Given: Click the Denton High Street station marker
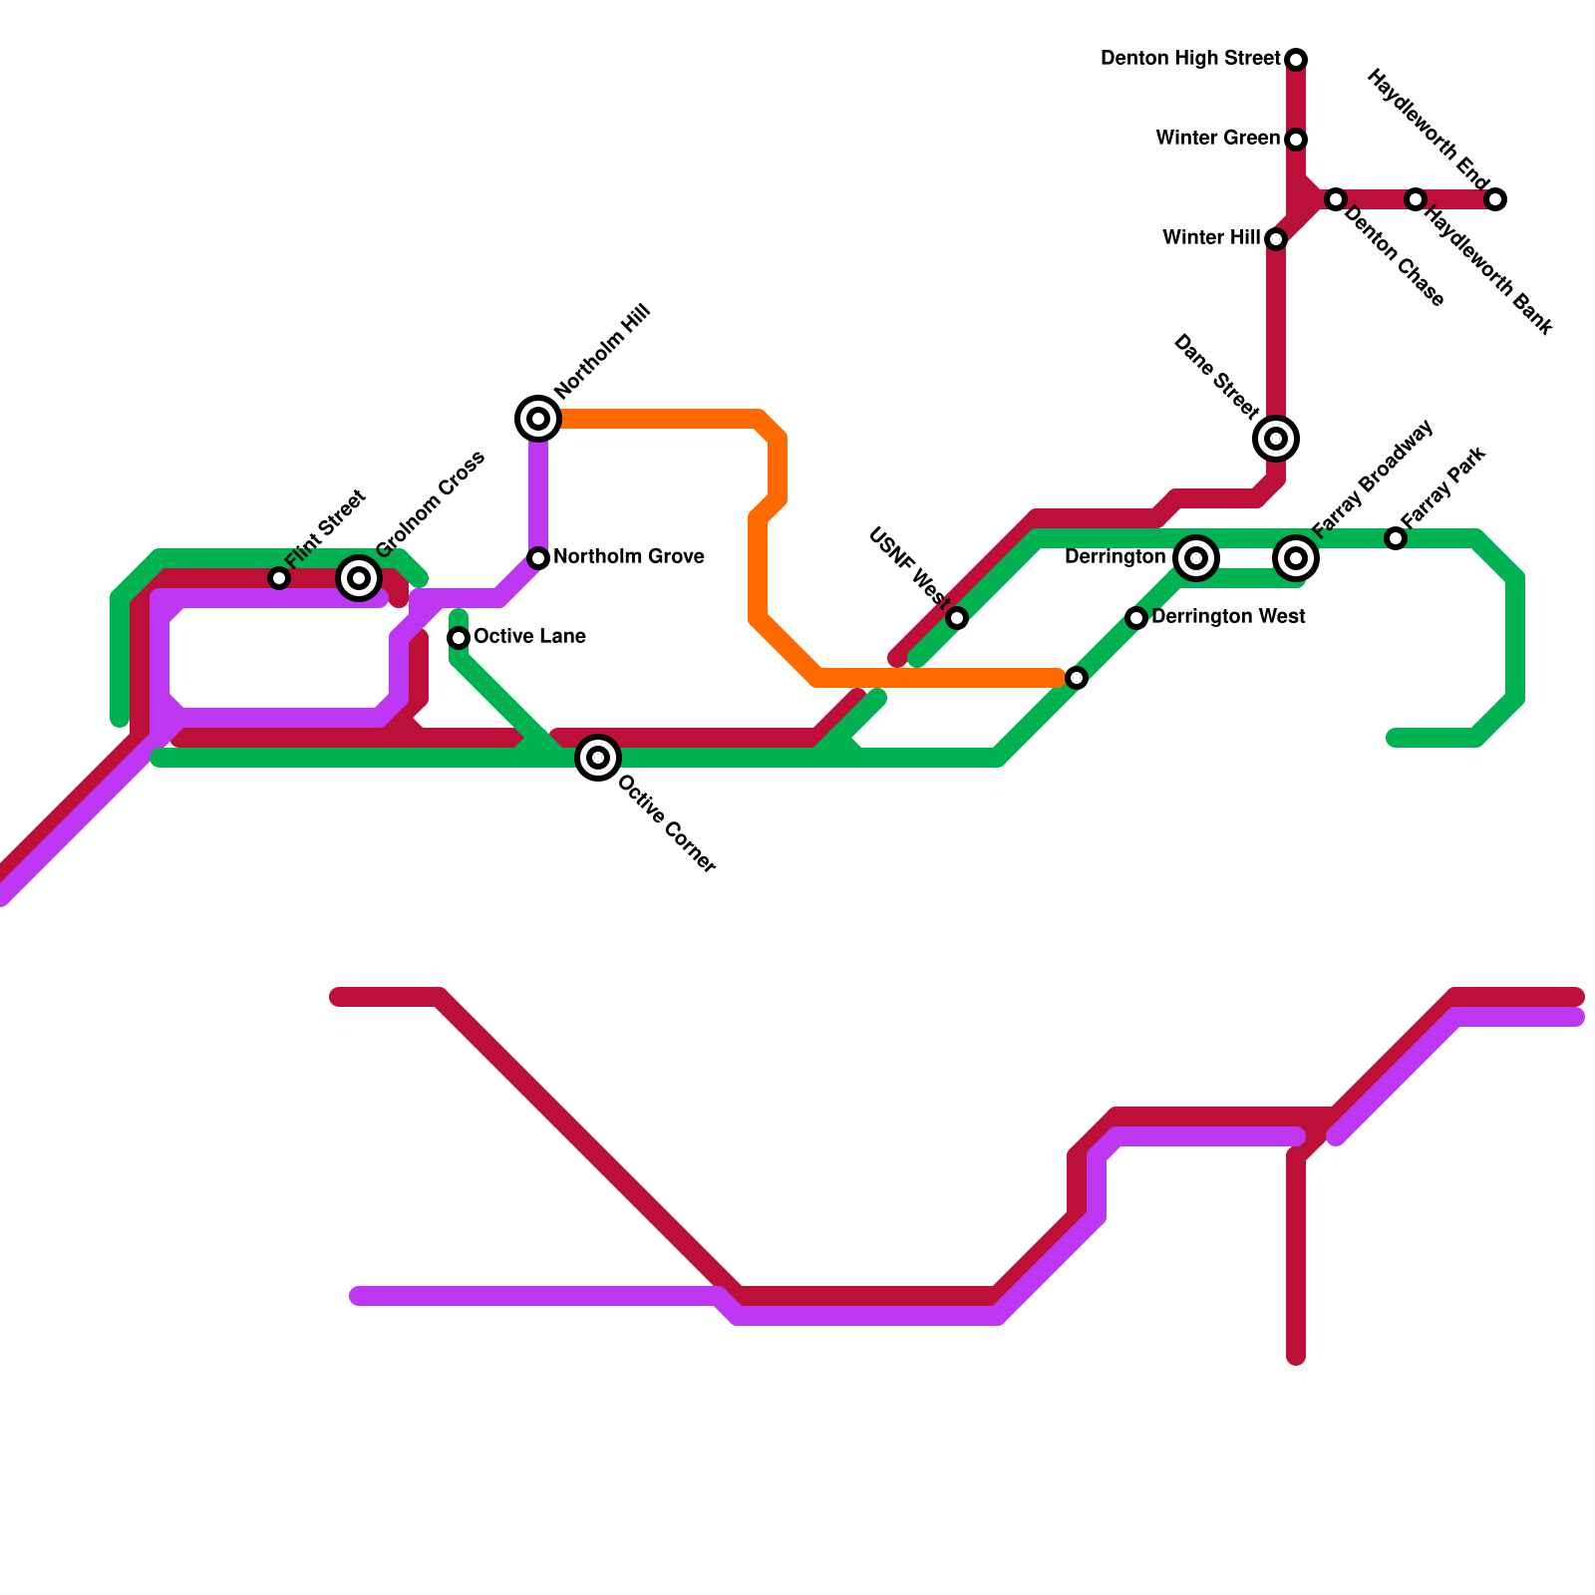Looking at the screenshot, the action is (1296, 60).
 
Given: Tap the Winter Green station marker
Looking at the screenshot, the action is (1296, 140).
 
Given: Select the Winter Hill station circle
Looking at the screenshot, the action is (1276, 239).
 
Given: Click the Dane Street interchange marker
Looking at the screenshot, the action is (1276, 439).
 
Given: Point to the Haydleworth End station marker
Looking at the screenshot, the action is (1495, 199).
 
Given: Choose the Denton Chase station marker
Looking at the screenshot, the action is (1336, 199).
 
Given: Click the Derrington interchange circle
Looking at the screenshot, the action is (1196, 558).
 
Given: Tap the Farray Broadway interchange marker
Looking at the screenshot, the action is (1296, 558).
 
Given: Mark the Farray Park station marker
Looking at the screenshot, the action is (1396, 538).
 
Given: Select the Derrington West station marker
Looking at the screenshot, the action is (1136, 618).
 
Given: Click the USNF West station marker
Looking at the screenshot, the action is (957, 618).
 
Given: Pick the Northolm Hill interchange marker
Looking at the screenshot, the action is (538, 419).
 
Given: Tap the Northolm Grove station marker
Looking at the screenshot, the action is (538, 558).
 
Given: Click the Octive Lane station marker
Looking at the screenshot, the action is (459, 638).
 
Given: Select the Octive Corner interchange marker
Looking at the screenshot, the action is (598, 758).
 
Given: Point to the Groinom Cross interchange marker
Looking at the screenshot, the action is (359, 578).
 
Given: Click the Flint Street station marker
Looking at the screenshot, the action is (279, 578).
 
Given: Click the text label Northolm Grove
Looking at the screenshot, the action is (629, 557).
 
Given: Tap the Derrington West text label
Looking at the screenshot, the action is (1228, 617).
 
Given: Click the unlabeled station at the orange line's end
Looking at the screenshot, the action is (1077, 678).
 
